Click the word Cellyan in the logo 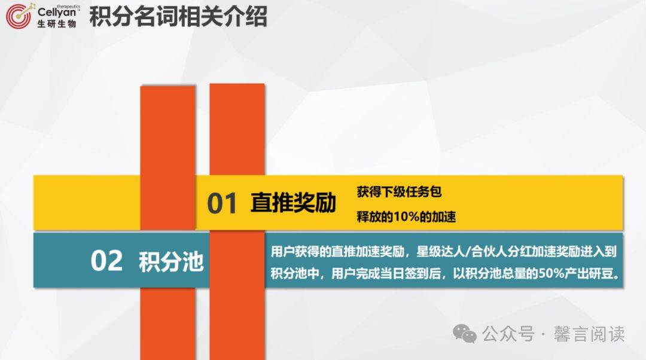click(57, 13)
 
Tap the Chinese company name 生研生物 click(57, 25)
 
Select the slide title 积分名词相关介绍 click(178, 17)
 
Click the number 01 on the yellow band click(223, 204)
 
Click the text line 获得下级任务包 click(400, 192)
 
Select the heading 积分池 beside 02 click(171, 262)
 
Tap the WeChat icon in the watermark click(465, 334)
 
